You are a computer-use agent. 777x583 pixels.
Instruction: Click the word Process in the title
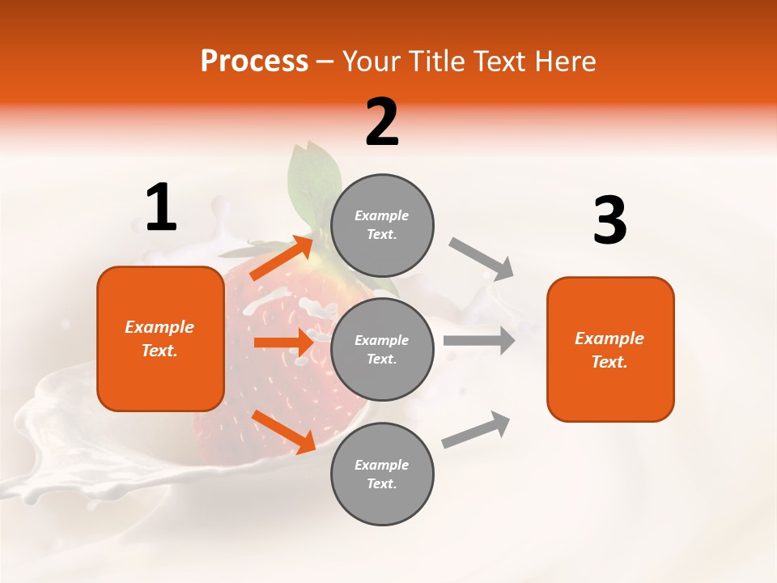point(254,62)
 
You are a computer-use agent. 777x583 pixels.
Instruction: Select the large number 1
point(161,208)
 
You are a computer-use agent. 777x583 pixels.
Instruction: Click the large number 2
point(382,122)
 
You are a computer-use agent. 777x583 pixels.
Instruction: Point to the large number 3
point(609,221)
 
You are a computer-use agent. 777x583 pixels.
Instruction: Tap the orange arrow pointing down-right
point(284,431)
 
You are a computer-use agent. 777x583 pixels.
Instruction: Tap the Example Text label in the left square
point(159,338)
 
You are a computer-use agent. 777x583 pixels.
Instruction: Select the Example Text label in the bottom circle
point(382,474)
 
